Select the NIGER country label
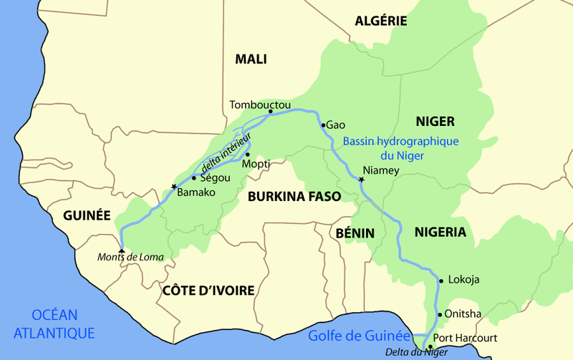pyautogui.click(x=435, y=121)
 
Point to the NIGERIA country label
pyautogui.click(x=440, y=232)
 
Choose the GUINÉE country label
pyautogui.click(x=87, y=215)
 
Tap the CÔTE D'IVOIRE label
pyautogui.click(x=208, y=290)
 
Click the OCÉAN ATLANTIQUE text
pyautogui.click(x=54, y=323)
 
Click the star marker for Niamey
pyautogui.click(x=361, y=180)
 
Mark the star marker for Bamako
pyautogui.click(x=173, y=187)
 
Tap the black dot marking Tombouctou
pyautogui.click(x=270, y=112)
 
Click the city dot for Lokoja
pyautogui.click(x=440, y=280)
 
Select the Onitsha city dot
pyautogui.click(x=439, y=314)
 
